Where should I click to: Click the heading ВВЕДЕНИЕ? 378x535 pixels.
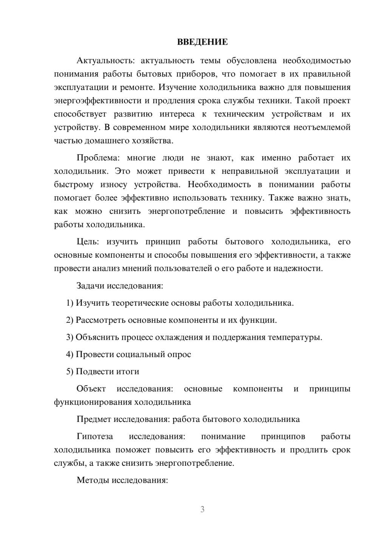[202, 42]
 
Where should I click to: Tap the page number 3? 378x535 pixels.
[202, 509]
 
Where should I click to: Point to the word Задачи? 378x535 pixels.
[90, 286]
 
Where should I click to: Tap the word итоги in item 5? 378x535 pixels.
[128, 372]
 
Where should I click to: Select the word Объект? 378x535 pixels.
[91, 389]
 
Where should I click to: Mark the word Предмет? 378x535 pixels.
[94, 419]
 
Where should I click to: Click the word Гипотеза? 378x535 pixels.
[94, 437]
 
